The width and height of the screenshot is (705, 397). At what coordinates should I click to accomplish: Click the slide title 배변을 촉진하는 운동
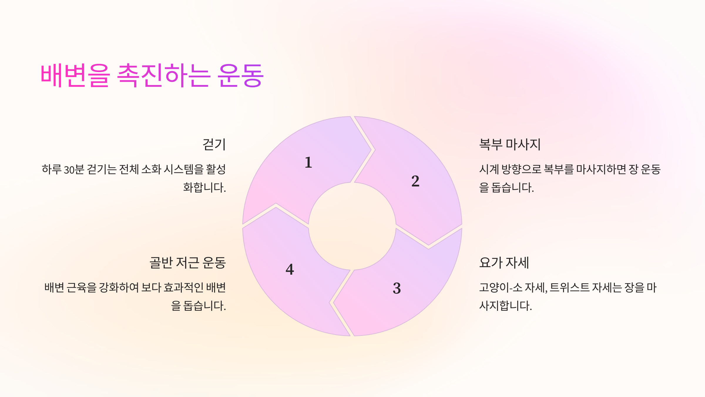pos(152,76)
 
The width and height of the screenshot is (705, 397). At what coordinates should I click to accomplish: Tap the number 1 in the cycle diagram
pos(308,162)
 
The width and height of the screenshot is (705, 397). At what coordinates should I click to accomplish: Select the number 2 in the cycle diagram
pos(415,181)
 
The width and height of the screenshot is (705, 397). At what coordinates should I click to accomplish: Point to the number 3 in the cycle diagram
pos(397,288)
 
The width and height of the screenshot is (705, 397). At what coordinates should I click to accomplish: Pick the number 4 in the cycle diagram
pos(290,269)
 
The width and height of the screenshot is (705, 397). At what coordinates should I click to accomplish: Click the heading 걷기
pos(214,144)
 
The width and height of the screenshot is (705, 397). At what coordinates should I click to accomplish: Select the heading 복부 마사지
pos(510,144)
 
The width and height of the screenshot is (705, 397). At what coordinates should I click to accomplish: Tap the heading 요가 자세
pos(504,263)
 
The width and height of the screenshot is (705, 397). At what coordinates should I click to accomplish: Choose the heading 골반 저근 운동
pos(187,263)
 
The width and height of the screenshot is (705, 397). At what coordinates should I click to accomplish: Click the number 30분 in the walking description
pos(74,170)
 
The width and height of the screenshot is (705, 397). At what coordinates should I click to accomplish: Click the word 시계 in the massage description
pos(489,170)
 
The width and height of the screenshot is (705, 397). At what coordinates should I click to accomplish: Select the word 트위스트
pos(569,288)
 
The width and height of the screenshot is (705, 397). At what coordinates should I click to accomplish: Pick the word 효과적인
pos(183,288)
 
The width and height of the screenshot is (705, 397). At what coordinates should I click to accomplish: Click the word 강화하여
pos(119,288)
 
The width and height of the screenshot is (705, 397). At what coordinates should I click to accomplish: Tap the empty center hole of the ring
pos(352,226)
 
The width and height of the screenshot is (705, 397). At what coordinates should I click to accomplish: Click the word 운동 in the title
pos(240,76)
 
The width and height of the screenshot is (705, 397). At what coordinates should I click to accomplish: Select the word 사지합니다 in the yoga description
pos(505,306)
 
